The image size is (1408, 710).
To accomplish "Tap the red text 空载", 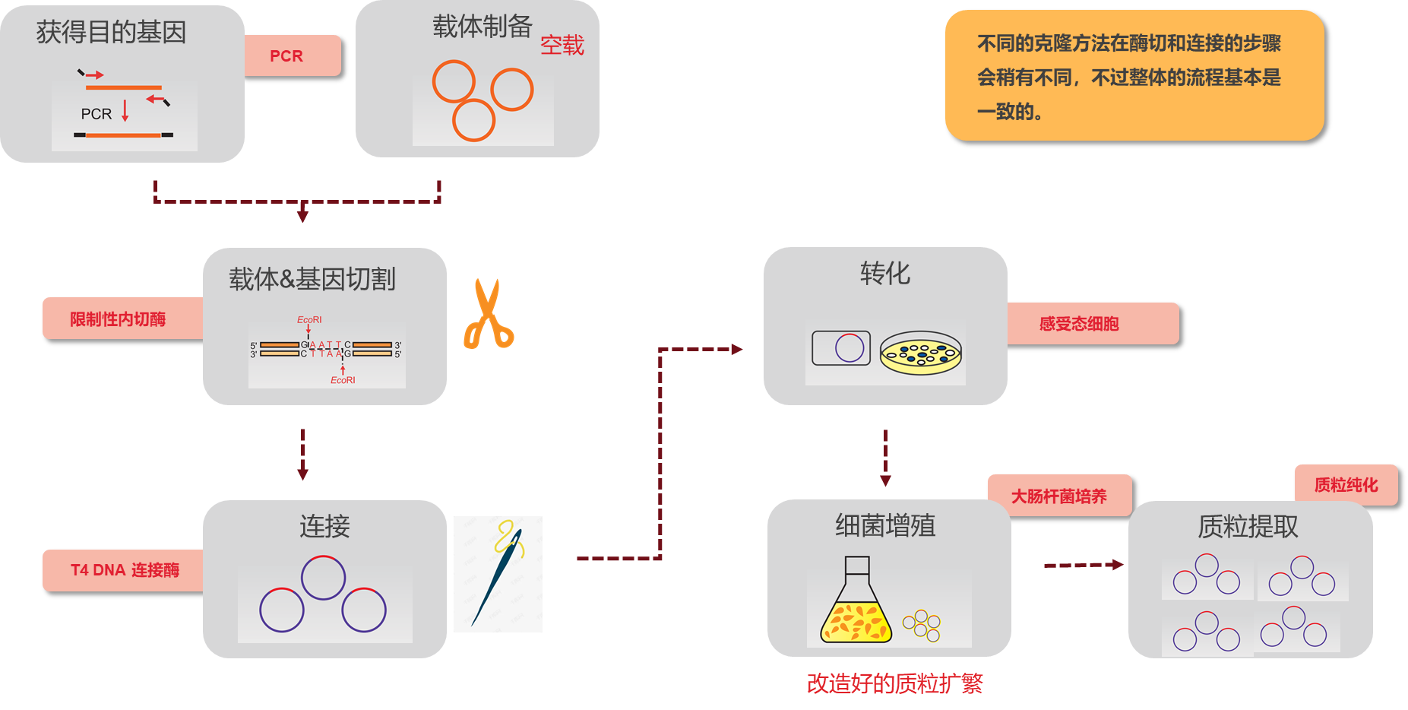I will pos(562,46).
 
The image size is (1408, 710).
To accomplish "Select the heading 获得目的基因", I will pos(111,32).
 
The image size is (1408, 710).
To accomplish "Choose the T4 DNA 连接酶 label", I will pos(124,570).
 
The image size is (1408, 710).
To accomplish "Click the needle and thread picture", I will pos(498,574).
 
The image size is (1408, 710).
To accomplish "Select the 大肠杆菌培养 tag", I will pos(1059,496).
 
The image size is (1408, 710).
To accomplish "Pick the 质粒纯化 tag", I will pos(1346,485).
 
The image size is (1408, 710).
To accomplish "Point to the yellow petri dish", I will pos(921,353).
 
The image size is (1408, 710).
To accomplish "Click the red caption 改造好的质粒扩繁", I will pos(894,683).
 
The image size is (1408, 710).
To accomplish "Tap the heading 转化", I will pos(885,274).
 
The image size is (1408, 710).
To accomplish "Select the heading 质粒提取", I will pos(1248,526).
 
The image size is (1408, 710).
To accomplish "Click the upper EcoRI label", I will pos(309,320).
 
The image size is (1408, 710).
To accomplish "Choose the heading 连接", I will pos(324,526).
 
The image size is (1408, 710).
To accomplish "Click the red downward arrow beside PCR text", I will pos(125,111).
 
